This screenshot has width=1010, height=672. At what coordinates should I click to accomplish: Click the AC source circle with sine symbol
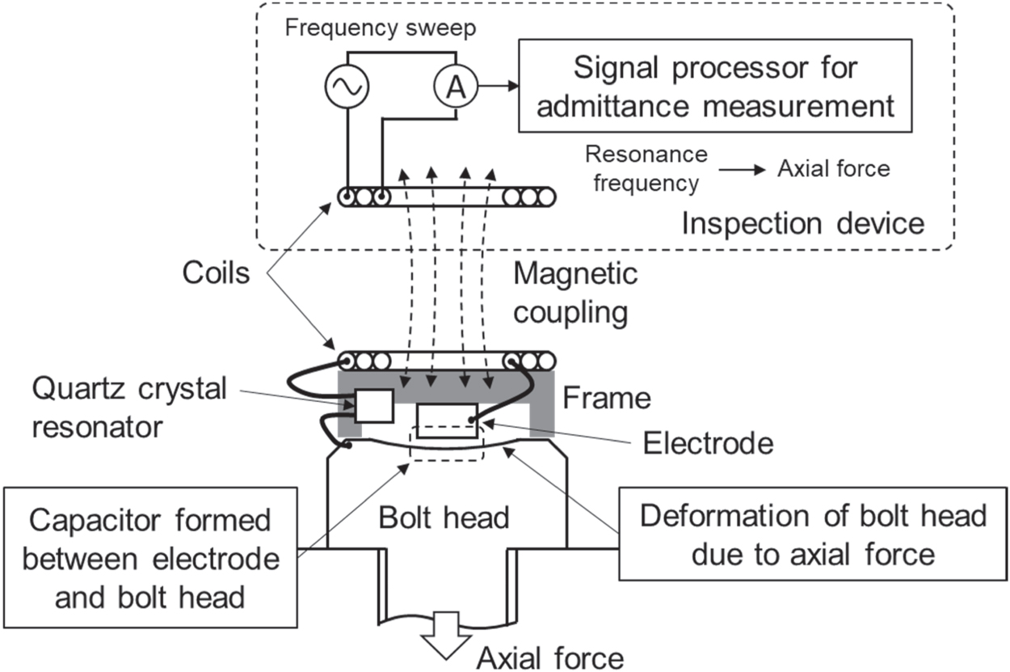(347, 87)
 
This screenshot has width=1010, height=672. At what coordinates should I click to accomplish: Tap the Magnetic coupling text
(575, 293)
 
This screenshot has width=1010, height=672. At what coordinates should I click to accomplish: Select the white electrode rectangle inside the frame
(446, 421)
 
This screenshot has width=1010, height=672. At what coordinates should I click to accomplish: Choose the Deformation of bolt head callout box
(813, 534)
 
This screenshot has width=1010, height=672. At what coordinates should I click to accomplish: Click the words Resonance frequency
(646, 169)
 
